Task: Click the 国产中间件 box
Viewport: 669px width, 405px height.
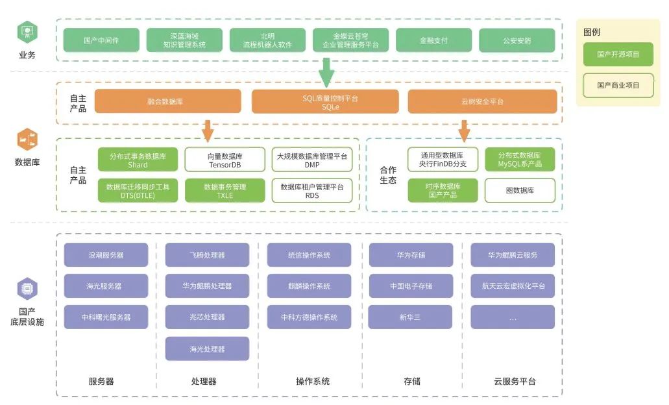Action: (x=101, y=40)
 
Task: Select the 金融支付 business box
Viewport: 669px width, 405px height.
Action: (x=433, y=40)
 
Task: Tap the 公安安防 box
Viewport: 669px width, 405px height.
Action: (x=517, y=40)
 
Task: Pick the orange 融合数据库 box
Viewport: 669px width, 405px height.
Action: (x=167, y=101)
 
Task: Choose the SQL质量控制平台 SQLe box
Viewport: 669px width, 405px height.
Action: (x=325, y=102)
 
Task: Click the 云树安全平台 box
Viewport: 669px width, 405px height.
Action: (x=482, y=101)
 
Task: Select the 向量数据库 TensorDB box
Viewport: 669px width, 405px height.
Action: (x=225, y=160)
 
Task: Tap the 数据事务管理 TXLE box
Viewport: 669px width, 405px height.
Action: (x=225, y=191)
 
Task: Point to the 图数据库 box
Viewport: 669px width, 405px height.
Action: (x=520, y=191)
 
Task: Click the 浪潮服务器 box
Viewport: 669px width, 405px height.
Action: (x=106, y=255)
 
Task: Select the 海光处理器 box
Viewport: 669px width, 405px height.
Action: (x=207, y=349)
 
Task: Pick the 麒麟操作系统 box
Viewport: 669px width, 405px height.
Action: (x=309, y=286)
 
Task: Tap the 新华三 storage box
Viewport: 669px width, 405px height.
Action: (x=410, y=317)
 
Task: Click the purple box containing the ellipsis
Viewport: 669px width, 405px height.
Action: (x=513, y=317)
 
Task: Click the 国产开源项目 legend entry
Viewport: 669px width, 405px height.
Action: (x=618, y=55)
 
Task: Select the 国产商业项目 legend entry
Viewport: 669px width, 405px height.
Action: (x=618, y=85)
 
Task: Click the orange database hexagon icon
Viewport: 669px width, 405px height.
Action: (x=27, y=139)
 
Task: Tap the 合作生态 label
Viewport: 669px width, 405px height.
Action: (x=388, y=175)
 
